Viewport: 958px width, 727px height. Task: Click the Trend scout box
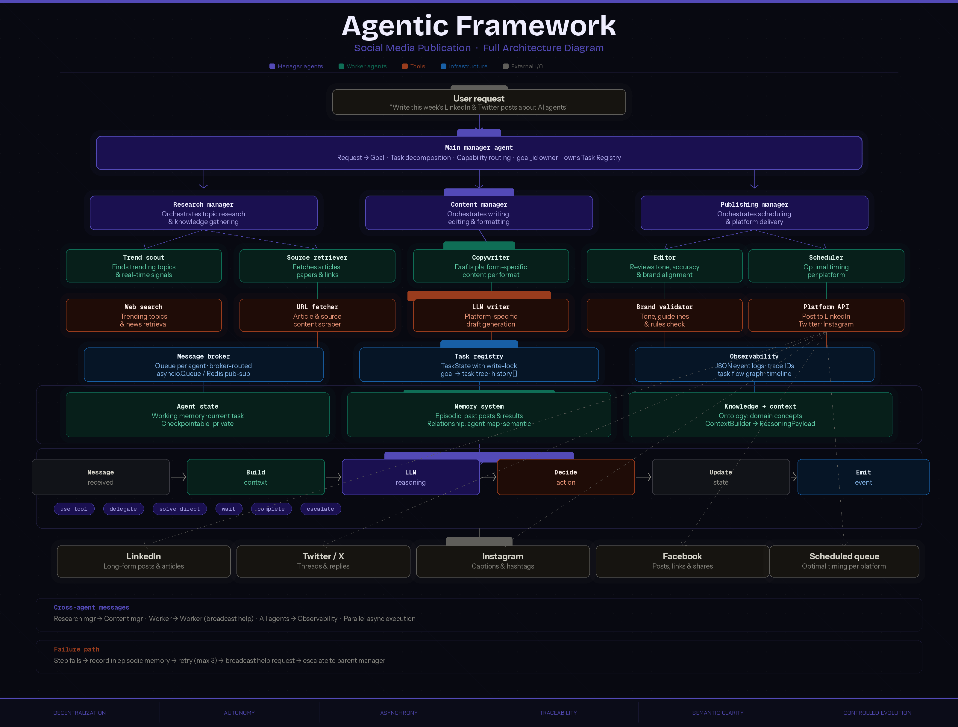[144, 266]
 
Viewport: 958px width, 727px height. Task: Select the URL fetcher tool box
[317, 315]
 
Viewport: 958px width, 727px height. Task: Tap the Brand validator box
[664, 315]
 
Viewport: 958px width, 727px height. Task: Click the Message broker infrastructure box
[204, 364]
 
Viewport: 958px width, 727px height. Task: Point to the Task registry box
[479, 364]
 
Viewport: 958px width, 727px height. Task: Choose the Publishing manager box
[754, 213]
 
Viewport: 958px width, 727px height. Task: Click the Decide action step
[566, 477]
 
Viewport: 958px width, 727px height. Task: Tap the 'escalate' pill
[321, 509]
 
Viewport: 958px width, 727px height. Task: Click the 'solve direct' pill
[180, 509]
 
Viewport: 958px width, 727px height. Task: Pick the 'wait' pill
[229, 509]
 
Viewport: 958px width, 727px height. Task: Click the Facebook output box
[683, 561]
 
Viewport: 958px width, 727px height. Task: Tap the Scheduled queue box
[844, 561]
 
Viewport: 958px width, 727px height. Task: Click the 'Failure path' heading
[77, 649]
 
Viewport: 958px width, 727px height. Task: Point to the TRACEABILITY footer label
[558, 713]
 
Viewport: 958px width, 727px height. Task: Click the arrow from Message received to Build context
[178, 477]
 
